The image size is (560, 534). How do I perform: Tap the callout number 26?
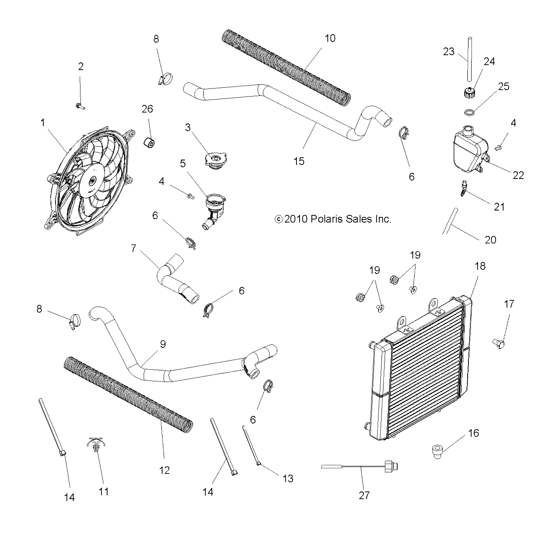point(147,109)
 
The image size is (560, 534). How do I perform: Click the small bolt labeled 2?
point(80,105)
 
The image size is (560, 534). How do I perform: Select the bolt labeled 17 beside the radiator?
point(499,342)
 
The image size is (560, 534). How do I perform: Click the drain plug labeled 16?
point(437,450)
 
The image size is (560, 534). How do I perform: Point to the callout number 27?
point(364,495)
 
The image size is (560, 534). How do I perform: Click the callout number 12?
point(164,470)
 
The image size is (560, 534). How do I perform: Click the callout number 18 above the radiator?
point(480,266)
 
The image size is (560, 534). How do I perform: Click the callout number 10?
point(330,38)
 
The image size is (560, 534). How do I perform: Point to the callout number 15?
point(299,161)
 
